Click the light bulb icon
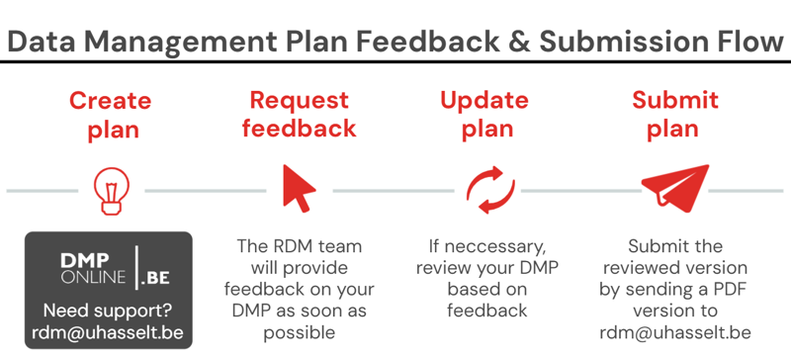click(112, 191)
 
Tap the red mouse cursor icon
click(299, 188)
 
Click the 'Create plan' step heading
click(111, 115)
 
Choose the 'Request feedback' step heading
click(300, 114)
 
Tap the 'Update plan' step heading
click(484, 115)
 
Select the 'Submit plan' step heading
click(675, 115)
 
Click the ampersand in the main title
click(519, 41)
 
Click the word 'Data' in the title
click(38, 41)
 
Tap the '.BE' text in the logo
click(155, 278)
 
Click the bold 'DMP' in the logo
click(85, 260)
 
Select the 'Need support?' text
click(109, 310)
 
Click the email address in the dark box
click(108, 332)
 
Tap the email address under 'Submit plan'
click(675, 332)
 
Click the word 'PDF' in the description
click(730, 290)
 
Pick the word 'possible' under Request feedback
click(300, 333)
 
